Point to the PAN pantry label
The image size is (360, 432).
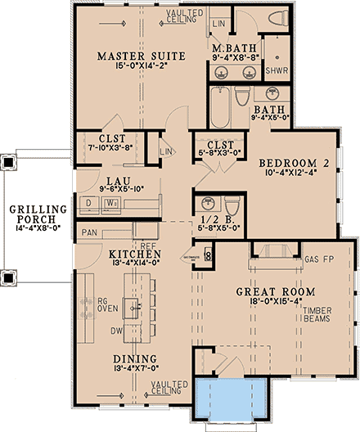90,233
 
